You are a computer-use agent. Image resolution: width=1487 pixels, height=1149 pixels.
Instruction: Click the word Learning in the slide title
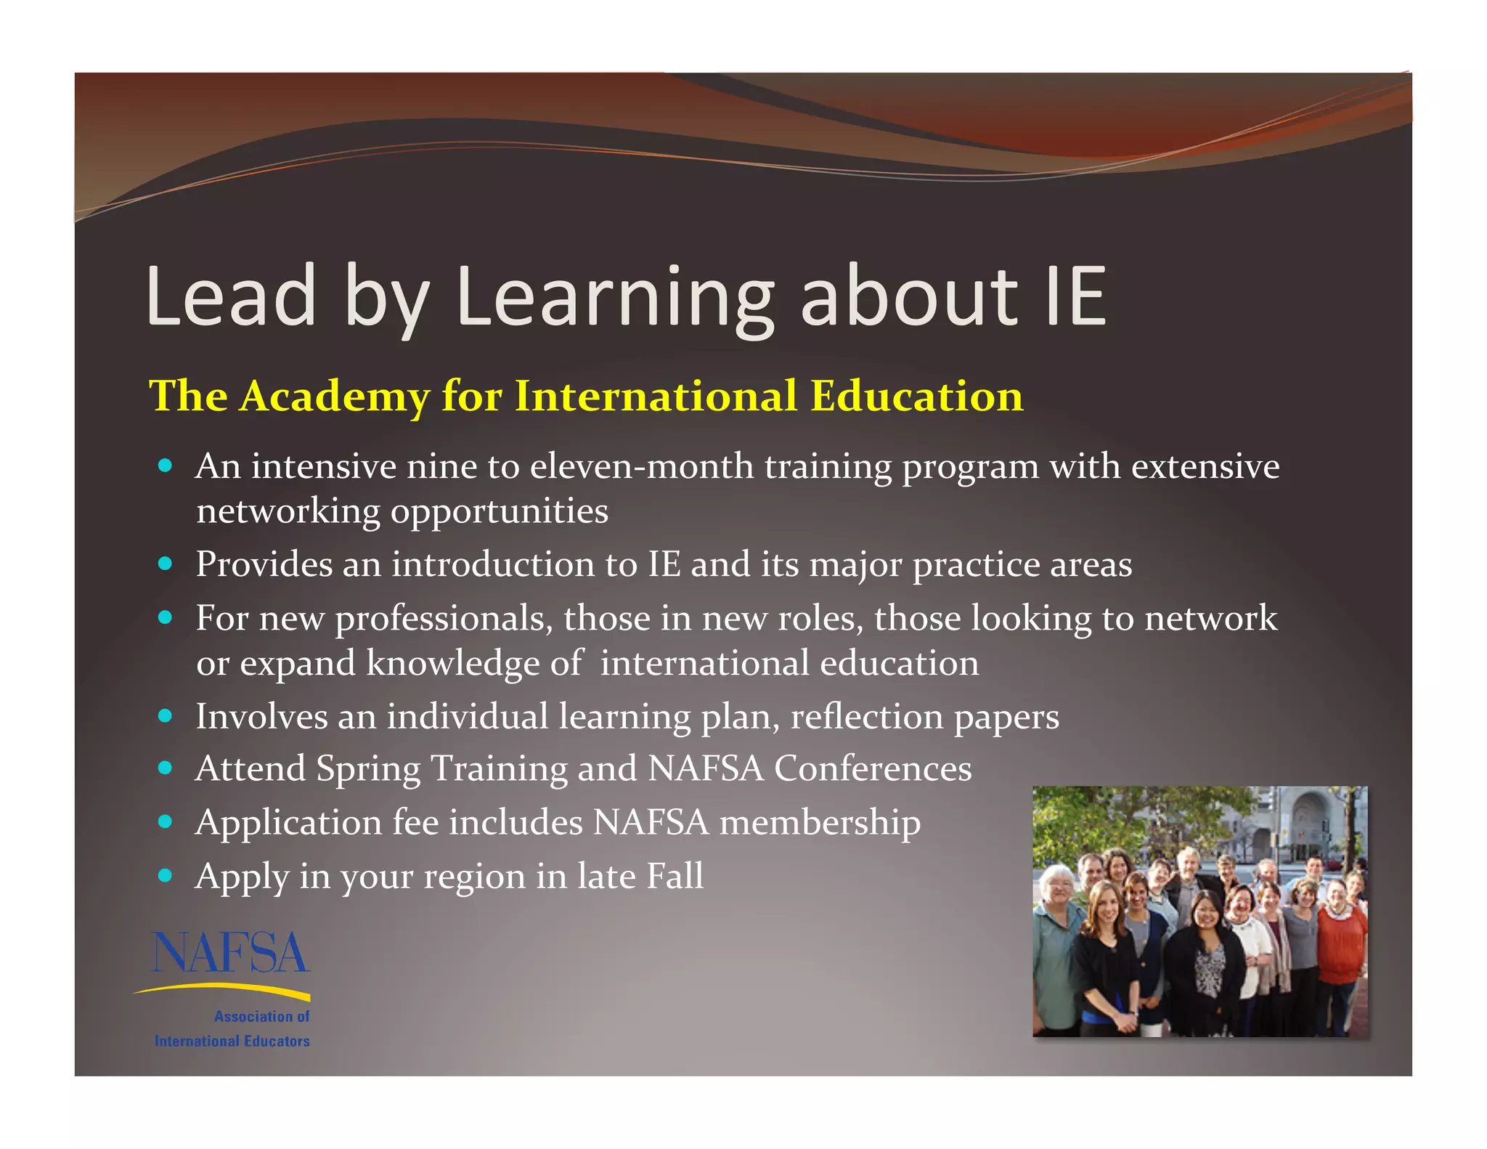(x=614, y=296)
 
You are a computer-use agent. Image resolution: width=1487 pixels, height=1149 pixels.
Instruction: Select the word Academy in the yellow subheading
(x=334, y=397)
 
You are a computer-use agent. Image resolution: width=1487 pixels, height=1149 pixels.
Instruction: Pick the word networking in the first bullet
(x=288, y=511)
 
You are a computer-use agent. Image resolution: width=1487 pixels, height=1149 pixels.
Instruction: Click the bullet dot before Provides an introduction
(x=166, y=564)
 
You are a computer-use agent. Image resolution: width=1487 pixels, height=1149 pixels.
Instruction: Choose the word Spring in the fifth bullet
(x=368, y=768)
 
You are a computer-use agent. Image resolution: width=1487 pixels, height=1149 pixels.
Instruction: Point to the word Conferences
(x=873, y=768)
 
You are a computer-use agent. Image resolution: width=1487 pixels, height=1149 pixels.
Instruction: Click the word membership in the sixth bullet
(x=820, y=822)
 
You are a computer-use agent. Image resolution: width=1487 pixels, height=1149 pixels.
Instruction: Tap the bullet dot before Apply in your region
(x=166, y=876)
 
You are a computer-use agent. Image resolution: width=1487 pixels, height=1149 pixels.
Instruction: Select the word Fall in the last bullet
(x=675, y=876)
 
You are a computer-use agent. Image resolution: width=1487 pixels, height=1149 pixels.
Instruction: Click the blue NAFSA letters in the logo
(x=230, y=953)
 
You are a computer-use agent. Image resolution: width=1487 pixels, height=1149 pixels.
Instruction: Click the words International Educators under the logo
(x=232, y=1041)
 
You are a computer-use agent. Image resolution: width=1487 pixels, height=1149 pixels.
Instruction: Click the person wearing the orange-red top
(x=1340, y=944)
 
